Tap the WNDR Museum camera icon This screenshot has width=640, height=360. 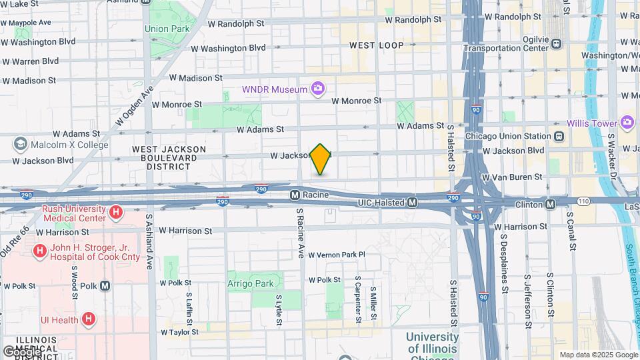(x=318, y=89)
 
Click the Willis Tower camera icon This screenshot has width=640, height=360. (x=626, y=122)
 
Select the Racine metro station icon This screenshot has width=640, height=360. (x=294, y=195)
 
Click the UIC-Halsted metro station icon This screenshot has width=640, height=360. (x=413, y=202)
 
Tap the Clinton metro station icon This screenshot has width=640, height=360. (x=550, y=203)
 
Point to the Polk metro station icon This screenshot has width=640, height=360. (x=105, y=285)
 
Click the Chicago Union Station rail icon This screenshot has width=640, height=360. (x=559, y=136)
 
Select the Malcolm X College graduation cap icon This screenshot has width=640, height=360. (x=19, y=145)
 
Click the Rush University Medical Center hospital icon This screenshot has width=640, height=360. (x=116, y=213)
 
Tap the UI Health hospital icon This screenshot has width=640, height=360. (x=89, y=319)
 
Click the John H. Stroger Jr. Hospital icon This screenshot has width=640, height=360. (x=40, y=251)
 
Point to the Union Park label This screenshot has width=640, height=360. (x=166, y=29)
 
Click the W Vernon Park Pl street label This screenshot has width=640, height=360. (x=336, y=255)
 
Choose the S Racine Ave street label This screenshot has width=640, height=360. (x=301, y=233)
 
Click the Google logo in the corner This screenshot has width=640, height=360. (x=22, y=351)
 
